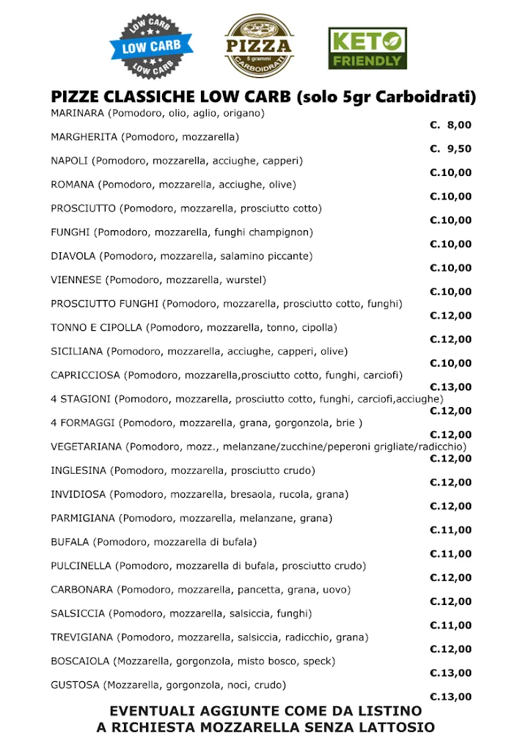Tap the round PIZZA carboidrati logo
click(x=259, y=46)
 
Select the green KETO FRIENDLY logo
click(x=367, y=48)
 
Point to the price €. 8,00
click(x=450, y=125)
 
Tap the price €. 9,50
click(x=450, y=149)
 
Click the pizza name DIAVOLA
click(x=73, y=256)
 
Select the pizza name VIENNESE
click(x=76, y=280)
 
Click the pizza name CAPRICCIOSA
click(x=85, y=375)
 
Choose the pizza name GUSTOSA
click(x=75, y=685)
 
